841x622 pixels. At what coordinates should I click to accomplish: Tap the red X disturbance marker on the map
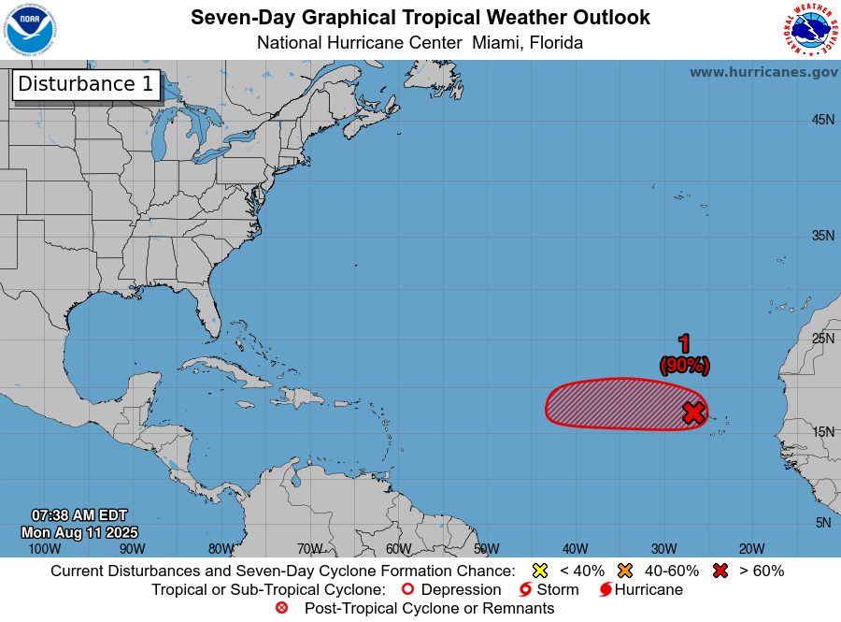click(x=692, y=412)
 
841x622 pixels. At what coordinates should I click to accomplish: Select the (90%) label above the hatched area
click(x=685, y=366)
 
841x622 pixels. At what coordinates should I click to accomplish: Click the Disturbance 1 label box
click(x=86, y=84)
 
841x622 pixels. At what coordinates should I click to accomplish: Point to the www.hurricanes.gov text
click(x=763, y=72)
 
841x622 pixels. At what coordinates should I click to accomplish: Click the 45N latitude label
click(x=822, y=120)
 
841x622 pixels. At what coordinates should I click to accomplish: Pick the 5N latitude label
click(x=822, y=523)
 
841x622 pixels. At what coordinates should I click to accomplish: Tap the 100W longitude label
click(x=43, y=549)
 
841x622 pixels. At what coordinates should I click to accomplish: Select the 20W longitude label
click(x=751, y=549)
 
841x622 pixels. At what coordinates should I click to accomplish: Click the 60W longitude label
click(x=398, y=549)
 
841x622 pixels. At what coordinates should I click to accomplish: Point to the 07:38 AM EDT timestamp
click(x=79, y=515)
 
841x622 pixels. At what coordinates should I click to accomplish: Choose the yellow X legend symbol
click(x=539, y=571)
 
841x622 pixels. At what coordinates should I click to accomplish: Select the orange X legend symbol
click(x=625, y=571)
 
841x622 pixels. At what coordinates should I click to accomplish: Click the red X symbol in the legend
click(x=720, y=571)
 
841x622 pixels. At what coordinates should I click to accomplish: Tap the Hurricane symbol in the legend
click(x=606, y=590)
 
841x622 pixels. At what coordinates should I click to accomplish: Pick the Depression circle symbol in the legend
click(x=406, y=590)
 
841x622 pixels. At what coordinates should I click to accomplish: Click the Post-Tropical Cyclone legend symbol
click(x=281, y=608)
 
